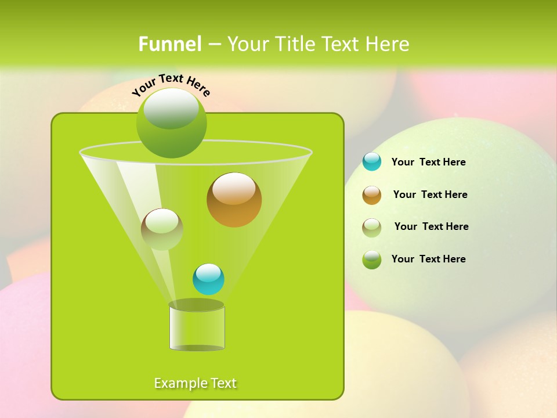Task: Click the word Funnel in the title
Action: pos(169,44)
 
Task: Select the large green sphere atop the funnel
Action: pos(171,122)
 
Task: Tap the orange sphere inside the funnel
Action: pos(234,200)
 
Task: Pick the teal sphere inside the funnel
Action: pos(208,279)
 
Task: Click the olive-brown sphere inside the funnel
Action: pos(162,229)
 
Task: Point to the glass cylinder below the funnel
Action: pos(197,328)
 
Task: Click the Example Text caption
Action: pos(195,383)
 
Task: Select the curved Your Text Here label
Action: pos(171,84)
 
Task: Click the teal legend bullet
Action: pos(372,162)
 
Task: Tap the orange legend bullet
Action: pos(372,195)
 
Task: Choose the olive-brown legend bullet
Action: pos(372,227)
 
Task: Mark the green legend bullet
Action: pos(372,260)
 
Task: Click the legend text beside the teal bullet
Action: pos(428,162)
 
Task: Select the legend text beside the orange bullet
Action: pos(430,194)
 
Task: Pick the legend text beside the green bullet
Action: pos(428,259)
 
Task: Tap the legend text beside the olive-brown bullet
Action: pos(431,226)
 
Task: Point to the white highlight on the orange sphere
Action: pos(234,189)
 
